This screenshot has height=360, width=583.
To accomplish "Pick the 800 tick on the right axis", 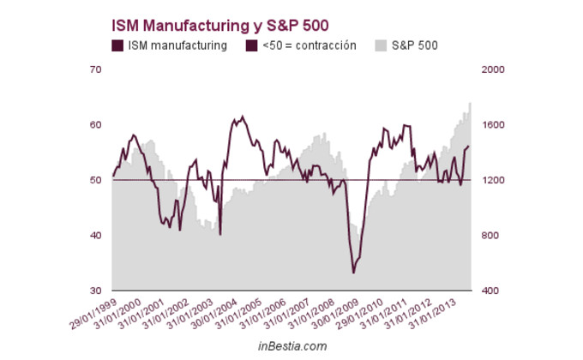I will [x=489, y=236].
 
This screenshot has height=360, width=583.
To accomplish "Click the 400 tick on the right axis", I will [x=489, y=291].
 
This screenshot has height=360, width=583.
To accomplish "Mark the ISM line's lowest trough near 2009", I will [x=354, y=273].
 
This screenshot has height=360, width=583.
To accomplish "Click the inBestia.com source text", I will [x=292, y=345].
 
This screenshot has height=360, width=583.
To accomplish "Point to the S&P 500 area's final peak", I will [x=470, y=104].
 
